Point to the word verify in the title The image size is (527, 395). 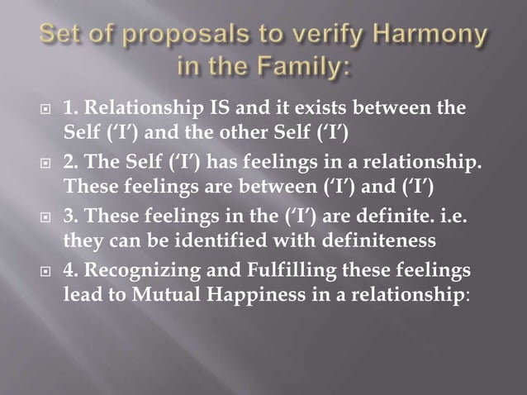click(x=304, y=39)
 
